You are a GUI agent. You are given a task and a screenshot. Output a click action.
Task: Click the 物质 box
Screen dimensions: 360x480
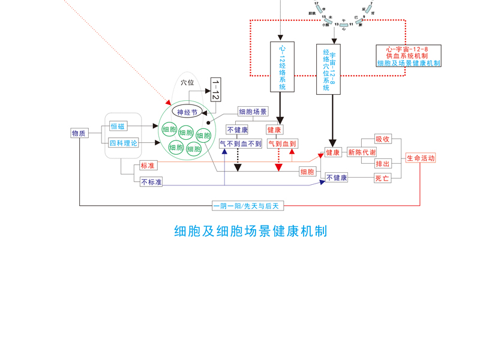tap(79, 133)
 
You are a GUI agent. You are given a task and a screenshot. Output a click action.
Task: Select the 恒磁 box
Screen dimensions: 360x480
tap(118, 126)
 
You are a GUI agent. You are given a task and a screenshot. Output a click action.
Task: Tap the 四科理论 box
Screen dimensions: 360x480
tap(123, 143)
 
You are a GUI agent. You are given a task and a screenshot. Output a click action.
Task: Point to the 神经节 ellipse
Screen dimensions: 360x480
tap(187, 112)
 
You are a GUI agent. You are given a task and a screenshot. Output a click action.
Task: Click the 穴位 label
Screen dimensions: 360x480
tap(187, 82)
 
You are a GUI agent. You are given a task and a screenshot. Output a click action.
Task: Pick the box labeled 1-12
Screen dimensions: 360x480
tap(215, 89)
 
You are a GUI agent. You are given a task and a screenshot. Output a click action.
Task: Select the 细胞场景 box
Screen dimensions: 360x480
tap(253, 112)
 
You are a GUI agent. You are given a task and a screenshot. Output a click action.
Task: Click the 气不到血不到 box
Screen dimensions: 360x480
tap(240, 144)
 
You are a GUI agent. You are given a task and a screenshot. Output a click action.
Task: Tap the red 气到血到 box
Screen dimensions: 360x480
tap(282, 144)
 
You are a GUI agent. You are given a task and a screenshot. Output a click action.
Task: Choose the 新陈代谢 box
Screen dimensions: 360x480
tap(362, 152)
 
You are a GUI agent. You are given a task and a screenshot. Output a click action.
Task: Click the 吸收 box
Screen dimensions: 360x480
tap(382, 139)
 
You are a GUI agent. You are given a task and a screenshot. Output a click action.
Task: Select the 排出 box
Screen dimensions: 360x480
tap(382, 164)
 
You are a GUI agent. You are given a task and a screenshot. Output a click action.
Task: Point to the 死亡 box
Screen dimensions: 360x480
tap(382, 178)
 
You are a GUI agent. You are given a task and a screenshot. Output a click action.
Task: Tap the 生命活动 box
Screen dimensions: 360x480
tap(420, 158)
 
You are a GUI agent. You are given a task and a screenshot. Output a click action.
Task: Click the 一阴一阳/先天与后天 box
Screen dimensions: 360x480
tap(248, 206)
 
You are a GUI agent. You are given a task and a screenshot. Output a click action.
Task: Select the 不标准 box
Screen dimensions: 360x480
tap(151, 182)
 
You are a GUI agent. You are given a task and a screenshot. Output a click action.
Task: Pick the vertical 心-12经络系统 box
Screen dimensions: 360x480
tap(283, 67)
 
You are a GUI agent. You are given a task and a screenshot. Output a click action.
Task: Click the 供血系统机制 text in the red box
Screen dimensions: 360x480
tap(408, 55)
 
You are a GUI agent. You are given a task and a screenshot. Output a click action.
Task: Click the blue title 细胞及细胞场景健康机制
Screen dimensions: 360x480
tap(250, 231)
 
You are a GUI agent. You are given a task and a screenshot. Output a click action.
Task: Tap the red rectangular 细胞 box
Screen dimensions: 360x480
tap(307, 172)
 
